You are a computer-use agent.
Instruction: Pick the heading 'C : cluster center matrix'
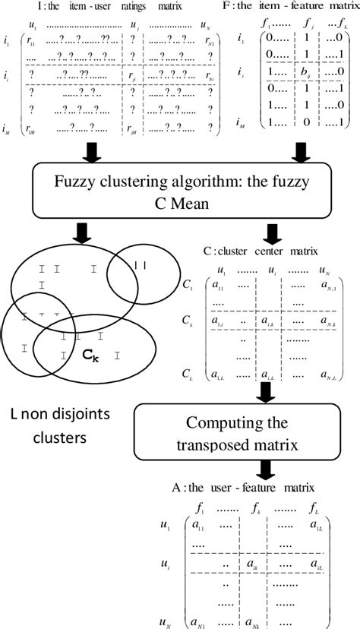[267, 250]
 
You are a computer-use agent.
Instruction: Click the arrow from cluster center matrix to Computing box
[264, 392]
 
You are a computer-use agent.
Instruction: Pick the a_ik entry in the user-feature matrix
[251, 565]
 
